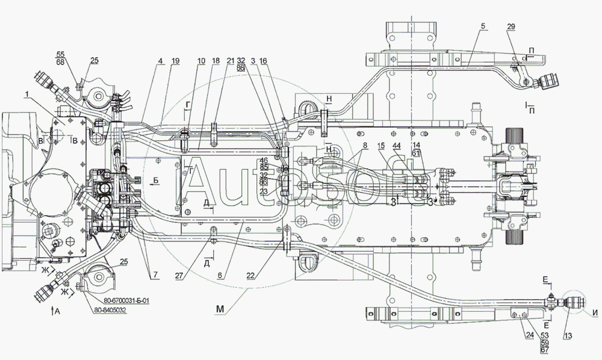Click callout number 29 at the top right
(510, 28)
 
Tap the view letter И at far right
(595, 312)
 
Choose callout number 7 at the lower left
(155, 275)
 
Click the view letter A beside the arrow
(57, 311)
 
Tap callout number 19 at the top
(175, 61)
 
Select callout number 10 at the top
(200, 61)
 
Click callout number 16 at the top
(264, 61)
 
